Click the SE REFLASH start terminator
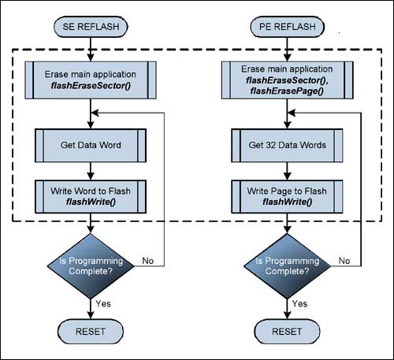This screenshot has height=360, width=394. pyautogui.click(x=92, y=28)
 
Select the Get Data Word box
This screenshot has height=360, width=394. pyautogui.click(x=92, y=146)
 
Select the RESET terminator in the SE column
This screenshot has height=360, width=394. pyautogui.click(x=92, y=329)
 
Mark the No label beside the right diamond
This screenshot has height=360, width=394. pyautogui.click(x=344, y=259)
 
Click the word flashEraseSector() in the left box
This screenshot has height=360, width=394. pyautogui.click(x=92, y=87)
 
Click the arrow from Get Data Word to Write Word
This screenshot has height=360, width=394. pyautogui.click(x=92, y=171)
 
